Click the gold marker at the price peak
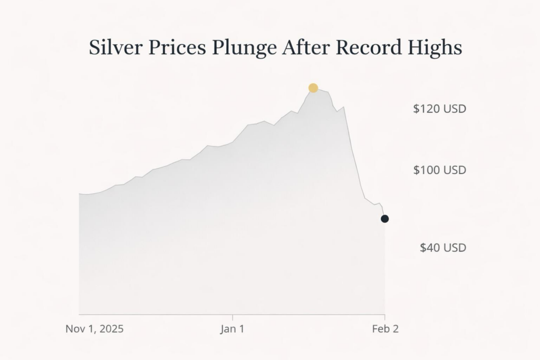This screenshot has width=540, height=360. [x=313, y=87]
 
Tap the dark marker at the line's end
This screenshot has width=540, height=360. [x=385, y=219]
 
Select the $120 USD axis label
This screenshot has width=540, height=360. [x=440, y=109]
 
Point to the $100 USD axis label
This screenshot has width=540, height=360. [x=440, y=170]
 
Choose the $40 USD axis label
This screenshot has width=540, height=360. [x=443, y=247]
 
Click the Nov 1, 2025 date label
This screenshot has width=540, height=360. [x=94, y=329]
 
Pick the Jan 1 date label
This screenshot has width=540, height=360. [x=232, y=329]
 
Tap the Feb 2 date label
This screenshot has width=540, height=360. [x=385, y=329]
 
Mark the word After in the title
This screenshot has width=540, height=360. [x=306, y=48]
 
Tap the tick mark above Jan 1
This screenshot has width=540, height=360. [x=232, y=317]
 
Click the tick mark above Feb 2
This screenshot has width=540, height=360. [x=385, y=317]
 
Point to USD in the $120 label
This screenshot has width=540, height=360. [x=455, y=109]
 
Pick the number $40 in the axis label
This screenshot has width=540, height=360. [x=430, y=247]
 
